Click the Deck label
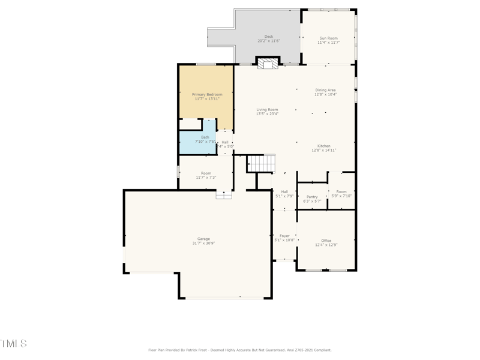click(x=269, y=37)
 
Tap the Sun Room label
click(x=328, y=38)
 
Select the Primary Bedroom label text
click(x=207, y=95)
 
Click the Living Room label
click(x=267, y=110)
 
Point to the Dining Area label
click(x=325, y=90)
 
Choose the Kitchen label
click(x=323, y=146)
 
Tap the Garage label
click(x=203, y=239)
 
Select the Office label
click(x=326, y=241)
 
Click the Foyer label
click(x=284, y=236)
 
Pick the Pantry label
click(x=312, y=197)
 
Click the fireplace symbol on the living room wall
click(x=268, y=63)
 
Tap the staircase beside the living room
click(x=262, y=163)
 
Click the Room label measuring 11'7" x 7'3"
click(x=206, y=173)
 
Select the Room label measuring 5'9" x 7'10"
click(x=341, y=192)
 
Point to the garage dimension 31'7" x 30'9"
click(x=203, y=243)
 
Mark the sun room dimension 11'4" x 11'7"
click(x=328, y=43)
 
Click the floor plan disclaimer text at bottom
click(x=239, y=350)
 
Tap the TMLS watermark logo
click(x=13, y=343)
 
